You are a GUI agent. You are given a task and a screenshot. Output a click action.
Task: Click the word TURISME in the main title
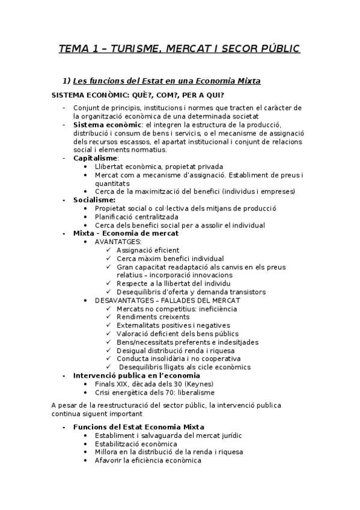tap(125, 49)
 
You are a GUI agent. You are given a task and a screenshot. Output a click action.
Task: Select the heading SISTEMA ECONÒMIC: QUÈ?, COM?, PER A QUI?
tap(138, 95)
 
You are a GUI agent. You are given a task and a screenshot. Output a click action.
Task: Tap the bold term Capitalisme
tap(96, 158)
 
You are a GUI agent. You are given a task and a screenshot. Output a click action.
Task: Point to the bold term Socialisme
tap(94, 200)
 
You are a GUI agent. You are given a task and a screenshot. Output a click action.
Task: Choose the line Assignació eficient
tap(148, 250)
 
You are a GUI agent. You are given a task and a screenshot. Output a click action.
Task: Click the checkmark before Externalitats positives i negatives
tap(108, 325)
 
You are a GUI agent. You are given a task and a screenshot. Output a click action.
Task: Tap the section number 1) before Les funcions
tap(67, 81)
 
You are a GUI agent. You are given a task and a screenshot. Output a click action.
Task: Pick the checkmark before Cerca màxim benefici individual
tap(108, 259)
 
